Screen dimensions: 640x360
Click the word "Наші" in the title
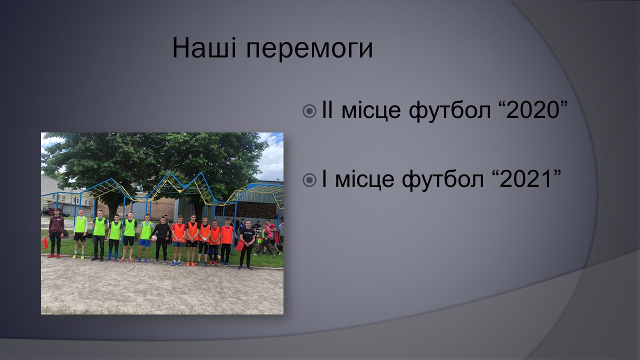coord(204,47)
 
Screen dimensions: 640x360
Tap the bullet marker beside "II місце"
coord(309,111)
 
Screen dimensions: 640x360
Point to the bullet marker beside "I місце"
coord(309,180)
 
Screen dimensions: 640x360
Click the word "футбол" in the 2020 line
coord(449,111)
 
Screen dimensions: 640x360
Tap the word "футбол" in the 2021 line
coord(443,180)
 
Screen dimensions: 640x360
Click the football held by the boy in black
coord(154,238)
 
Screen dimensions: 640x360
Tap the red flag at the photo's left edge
coord(45,243)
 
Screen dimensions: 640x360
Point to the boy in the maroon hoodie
coord(55,233)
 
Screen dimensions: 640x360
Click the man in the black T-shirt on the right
coord(246,245)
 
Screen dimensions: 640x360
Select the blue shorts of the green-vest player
coord(145,243)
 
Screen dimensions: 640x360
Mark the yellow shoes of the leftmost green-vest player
coord(78,256)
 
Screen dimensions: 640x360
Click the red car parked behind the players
coord(48,211)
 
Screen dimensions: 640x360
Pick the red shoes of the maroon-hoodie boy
coord(54,256)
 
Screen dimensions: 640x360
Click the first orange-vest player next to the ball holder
coord(179,240)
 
